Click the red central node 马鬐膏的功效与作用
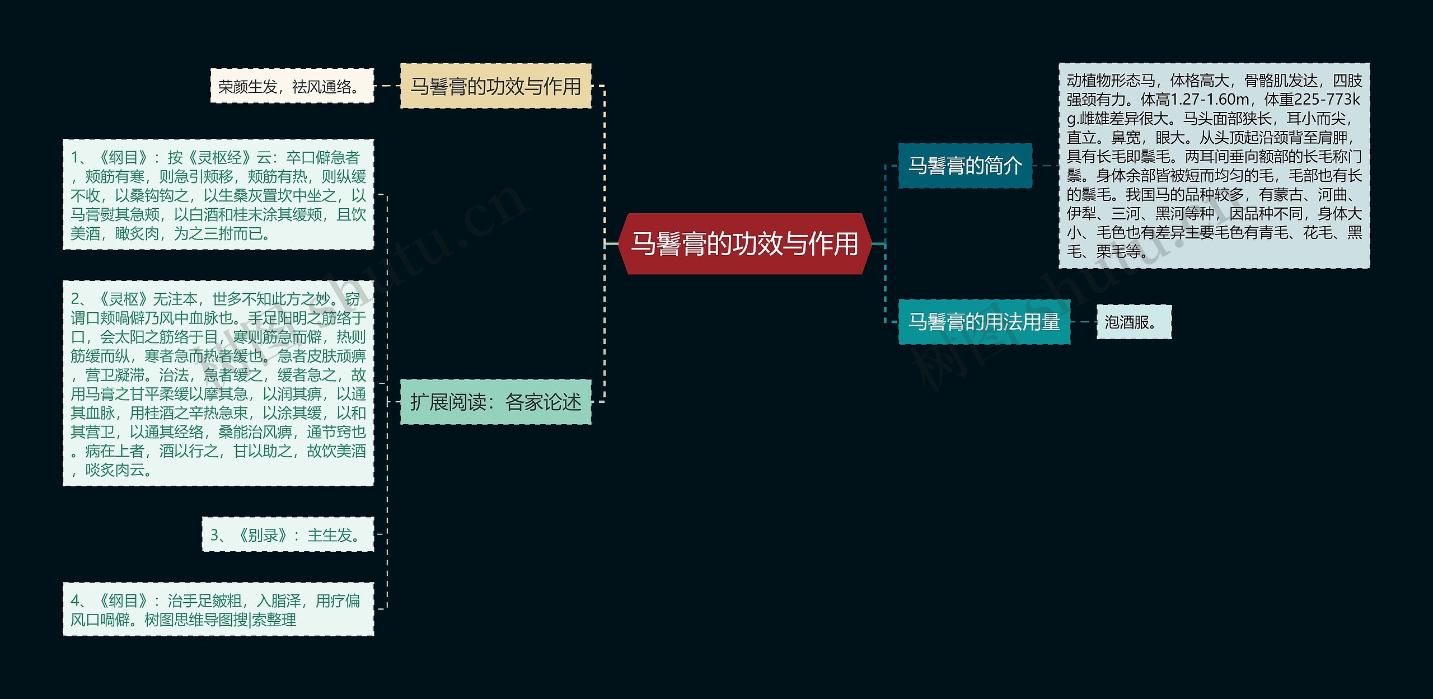click(744, 244)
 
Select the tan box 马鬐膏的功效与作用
click(495, 86)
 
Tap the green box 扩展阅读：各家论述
click(495, 402)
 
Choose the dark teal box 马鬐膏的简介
click(964, 166)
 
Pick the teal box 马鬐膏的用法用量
click(984, 322)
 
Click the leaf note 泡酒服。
click(1133, 322)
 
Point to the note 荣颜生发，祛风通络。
click(292, 86)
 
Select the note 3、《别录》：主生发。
click(287, 535)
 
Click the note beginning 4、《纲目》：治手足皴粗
click(218, 609)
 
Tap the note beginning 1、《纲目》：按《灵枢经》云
click(218, 195)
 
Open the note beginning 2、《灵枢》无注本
click(218, 383)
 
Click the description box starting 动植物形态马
click(1214, 166)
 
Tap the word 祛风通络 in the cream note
click(322, 87)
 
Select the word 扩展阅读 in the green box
click(448, 402)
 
